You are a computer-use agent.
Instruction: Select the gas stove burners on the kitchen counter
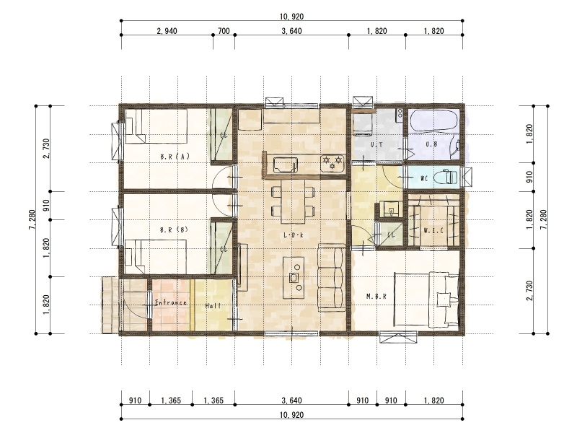coord(332,163)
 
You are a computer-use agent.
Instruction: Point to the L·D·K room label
coord(294,235)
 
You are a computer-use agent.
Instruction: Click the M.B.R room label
coord(376,296)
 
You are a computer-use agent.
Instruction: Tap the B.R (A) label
coord(175,157)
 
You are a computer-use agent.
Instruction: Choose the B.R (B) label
coord(174,229)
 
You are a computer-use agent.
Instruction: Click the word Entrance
coord(171,302)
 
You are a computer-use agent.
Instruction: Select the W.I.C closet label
coord(433,231)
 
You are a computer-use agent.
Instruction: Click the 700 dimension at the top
coord(224,31)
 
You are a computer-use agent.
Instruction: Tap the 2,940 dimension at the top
coord(167,31)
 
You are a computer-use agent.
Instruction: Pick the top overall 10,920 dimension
coord(292,16)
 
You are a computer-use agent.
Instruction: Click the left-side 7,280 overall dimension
coord(32,220)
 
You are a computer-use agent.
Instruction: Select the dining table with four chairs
coord(293,201)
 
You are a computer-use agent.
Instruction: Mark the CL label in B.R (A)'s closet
coord(224,135)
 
